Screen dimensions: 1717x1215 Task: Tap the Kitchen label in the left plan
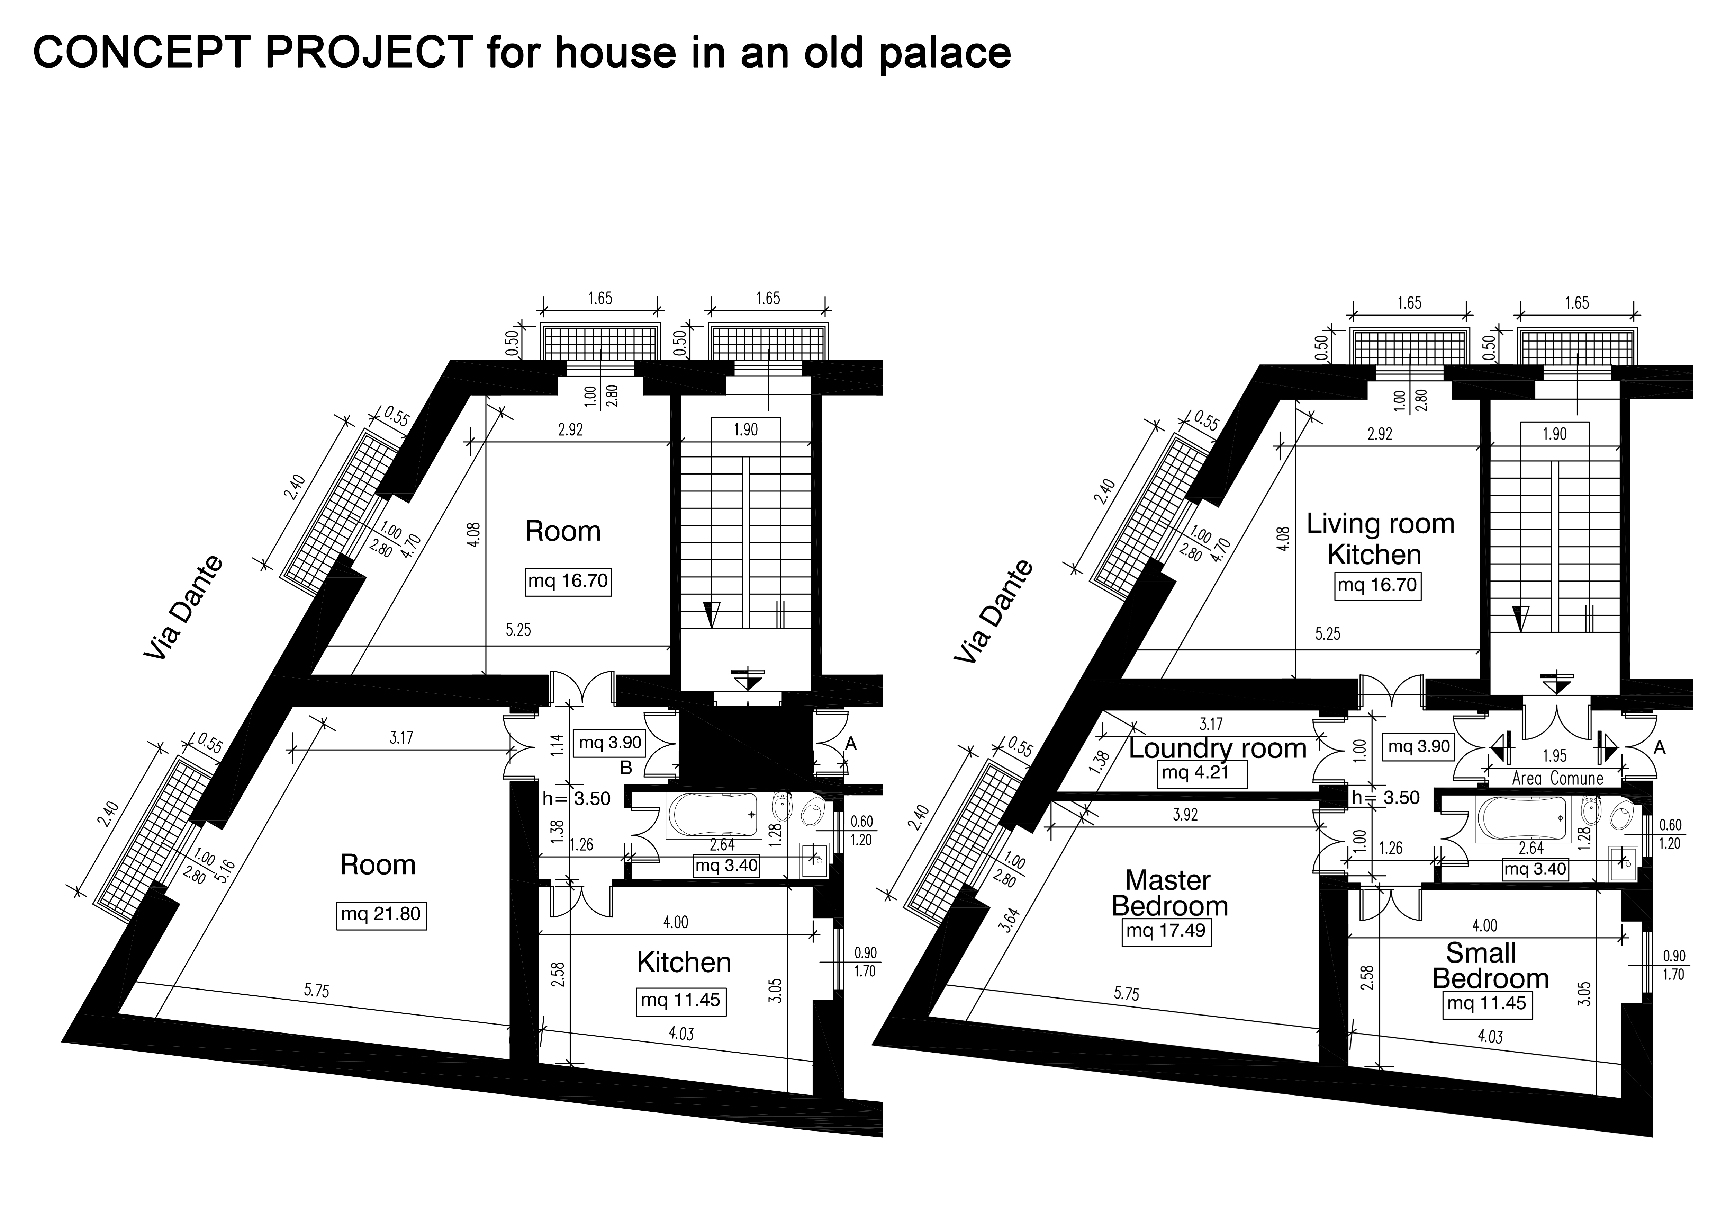[x=684, y=962]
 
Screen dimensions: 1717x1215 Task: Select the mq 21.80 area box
[x=381, y=914]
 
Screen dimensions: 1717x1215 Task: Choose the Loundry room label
[x=1218, y=748]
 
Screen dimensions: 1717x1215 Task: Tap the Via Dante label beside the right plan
[x=995, y=612]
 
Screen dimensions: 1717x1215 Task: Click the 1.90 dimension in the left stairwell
[x=745, y=429]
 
